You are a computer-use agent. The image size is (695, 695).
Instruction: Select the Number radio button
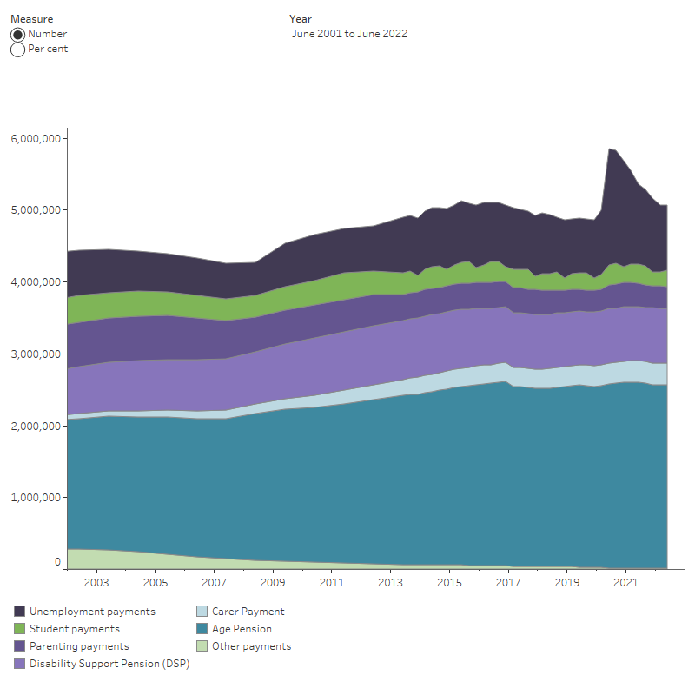(17, 34)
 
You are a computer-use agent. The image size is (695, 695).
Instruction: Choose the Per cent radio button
(17, 50)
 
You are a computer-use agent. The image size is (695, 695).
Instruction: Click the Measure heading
(31, 18)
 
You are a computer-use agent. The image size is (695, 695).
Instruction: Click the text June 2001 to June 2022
(351, 34)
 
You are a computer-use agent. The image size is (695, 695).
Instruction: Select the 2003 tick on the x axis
(96, 582)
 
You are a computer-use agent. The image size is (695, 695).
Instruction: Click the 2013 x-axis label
(390, 582)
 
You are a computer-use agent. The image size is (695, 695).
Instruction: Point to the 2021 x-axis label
(625, 582)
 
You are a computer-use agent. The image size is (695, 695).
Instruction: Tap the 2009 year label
(273, 582)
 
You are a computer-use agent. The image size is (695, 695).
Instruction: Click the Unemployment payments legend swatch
(19, 612)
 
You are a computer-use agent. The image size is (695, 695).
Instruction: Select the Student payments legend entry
(74, 629)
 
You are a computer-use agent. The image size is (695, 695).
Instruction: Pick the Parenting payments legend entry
(78, 646)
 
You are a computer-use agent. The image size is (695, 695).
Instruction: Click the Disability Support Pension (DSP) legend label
(109, 664)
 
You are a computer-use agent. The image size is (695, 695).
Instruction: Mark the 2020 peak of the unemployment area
(611, 149)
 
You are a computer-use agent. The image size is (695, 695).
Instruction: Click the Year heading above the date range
(301, 18)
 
